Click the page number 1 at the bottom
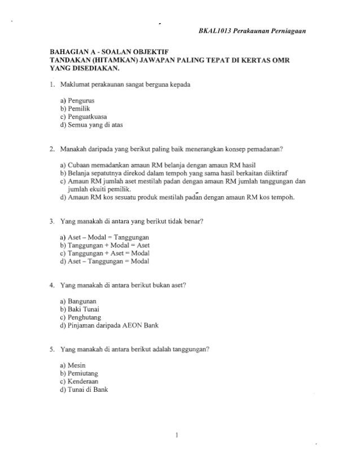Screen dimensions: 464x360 point(177,435)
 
